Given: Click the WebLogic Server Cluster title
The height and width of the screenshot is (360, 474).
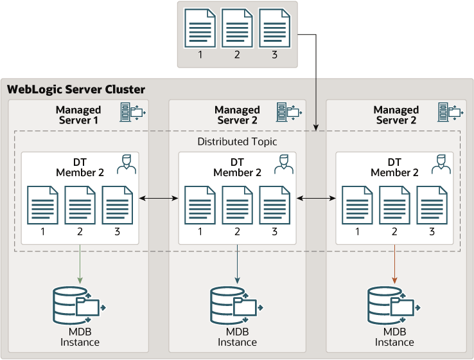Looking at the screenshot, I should pos(76,89).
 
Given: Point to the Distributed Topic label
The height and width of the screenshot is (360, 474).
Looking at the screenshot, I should pos(237,141).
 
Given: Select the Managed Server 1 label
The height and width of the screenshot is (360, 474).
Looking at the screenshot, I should pos(78,115).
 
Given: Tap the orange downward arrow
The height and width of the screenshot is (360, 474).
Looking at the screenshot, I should pos(394,264).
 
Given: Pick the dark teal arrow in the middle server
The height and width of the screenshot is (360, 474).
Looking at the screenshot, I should pos(238,264).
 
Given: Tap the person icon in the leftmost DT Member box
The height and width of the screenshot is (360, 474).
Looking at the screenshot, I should pos(127,165).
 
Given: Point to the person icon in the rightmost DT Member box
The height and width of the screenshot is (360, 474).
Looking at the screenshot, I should pos(441,165).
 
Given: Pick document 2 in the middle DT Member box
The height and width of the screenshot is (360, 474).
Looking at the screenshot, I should pos(238,205).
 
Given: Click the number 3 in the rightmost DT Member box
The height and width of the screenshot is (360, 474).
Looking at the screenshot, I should pos(432,231).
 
